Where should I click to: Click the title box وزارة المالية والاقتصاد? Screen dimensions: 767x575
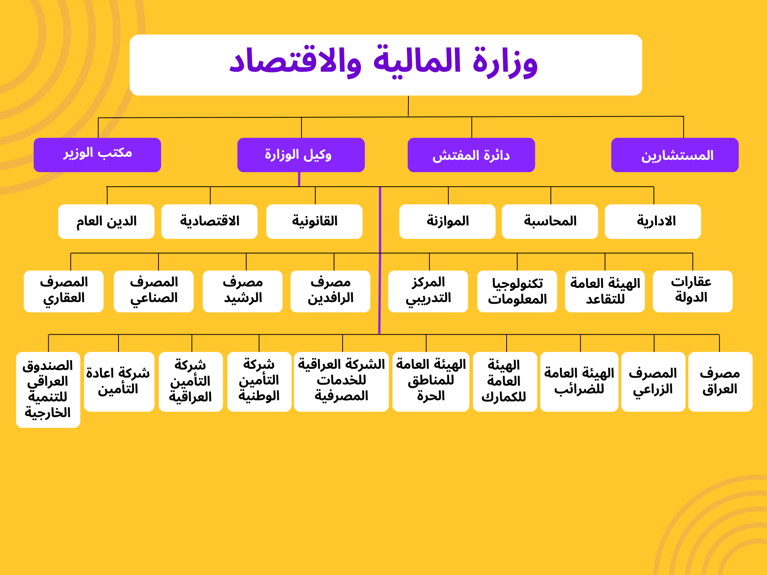[x=386, y=65]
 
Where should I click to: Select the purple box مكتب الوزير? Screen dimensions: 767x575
[x=97, y=155]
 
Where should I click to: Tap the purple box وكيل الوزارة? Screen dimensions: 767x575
[x=301, y=155]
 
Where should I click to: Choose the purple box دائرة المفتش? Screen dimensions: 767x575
[x=471, y=155]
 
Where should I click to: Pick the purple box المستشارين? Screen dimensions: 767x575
[x=675, y=155]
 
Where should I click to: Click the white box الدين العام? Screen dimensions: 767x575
[x=106, y=222]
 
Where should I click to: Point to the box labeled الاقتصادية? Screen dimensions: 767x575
[x=209, y=222]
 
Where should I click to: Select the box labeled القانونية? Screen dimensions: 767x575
[x=314, y=222]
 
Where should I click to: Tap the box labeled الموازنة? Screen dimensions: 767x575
[x=448, y=222]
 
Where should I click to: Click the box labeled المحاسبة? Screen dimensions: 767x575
[x=550, y=222]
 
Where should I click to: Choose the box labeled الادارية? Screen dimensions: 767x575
[x=653, y=222]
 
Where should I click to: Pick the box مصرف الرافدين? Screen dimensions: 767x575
[x=331, y=291]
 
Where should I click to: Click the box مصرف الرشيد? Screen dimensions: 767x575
[x=243, y=291]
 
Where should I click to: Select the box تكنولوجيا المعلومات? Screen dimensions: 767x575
[x=517, y=291]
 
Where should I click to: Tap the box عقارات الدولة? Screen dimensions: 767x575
[x=693, y=291]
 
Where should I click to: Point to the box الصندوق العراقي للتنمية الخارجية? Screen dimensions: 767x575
[x=48, y=390]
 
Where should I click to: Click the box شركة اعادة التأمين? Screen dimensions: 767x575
[x=119, y=382]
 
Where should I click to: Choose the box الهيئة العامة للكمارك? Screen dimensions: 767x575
[x=505, y=382]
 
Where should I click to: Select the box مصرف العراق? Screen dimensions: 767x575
[x=721, y=382]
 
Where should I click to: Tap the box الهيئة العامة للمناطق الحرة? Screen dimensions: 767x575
[x=431, y=382]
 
